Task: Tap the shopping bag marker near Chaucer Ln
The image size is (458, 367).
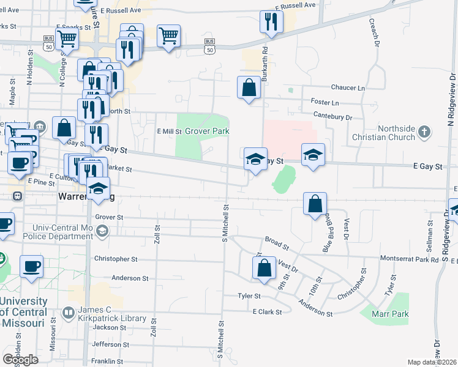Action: coord(249,87)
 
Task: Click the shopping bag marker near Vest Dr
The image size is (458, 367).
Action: coord(263,269)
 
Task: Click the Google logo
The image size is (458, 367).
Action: coord(20,360)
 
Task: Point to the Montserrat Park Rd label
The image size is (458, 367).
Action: coord(410,259)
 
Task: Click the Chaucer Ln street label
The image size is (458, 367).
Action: coord(347,88)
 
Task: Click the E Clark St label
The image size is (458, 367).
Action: coord(267,311)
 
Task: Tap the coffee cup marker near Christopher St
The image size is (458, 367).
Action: coord(31,267)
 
